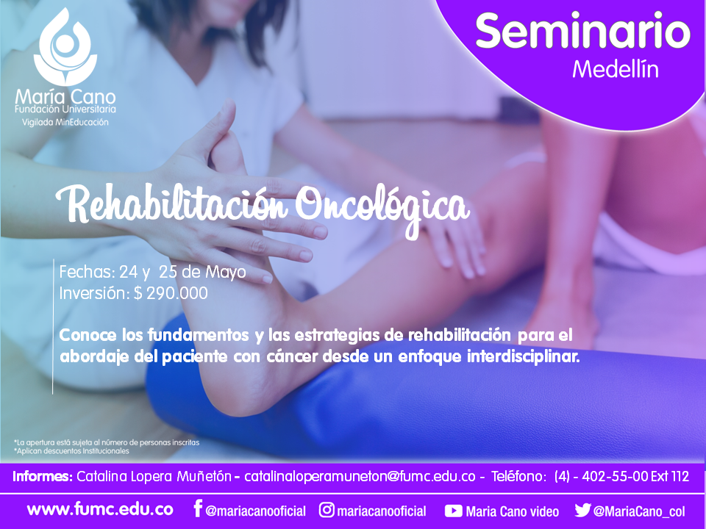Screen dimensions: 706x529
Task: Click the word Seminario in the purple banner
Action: pos(582,31)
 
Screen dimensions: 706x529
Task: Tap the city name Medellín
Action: pos(616,69)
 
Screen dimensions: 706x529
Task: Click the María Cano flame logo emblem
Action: pos(65,47)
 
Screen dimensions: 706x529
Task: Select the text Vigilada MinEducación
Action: pos(65,123)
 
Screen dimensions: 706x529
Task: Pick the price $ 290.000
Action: pos(171,293)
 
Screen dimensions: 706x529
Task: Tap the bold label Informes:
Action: pos(43,476)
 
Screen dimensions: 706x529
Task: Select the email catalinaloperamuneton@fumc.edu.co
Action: pos(360,476)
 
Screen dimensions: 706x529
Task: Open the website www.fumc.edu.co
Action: pos(100,510)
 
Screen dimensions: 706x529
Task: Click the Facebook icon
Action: pos(198,508)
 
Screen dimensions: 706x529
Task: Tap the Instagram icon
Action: pos(327,510)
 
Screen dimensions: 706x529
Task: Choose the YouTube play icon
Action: pos(454,511)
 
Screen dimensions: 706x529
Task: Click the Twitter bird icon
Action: pos(582,510)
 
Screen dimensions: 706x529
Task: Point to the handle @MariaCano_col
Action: pos(639,511)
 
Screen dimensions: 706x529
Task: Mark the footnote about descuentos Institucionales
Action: pos(71,451)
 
